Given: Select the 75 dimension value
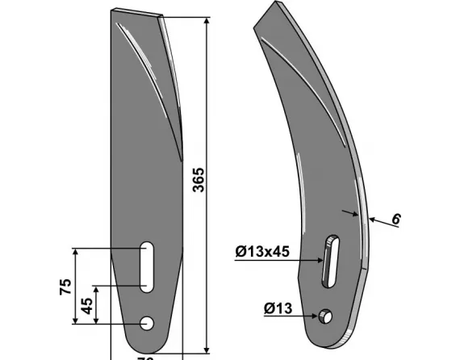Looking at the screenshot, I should click(x=65, y=287).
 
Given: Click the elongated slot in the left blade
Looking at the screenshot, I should click(x=147, y=266).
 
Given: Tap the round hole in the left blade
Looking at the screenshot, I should click(x=147, y=323).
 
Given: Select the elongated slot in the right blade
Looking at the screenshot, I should click(x=329, y=260).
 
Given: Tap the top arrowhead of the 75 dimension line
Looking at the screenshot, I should click(x=77, y=252).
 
